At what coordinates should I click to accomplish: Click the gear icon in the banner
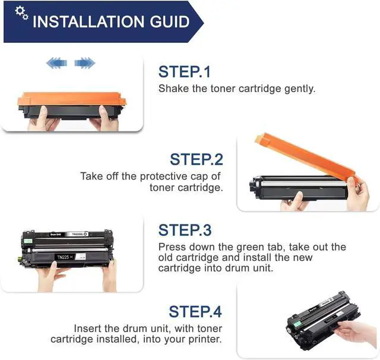[x=21, y=13]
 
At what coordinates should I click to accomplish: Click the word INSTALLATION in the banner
[x=88, y=21]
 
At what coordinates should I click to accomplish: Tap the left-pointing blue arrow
[x=56, y=63]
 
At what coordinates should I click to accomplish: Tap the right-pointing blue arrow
[x=85, y=63]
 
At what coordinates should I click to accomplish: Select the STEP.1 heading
[x=185, y=72]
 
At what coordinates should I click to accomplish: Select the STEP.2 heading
[x=197, y=160]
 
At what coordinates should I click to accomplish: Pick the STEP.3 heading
[x=185, y=230]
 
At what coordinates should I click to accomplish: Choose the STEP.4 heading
[x=195, y=311]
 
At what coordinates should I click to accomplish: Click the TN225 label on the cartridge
[x=64, y=257]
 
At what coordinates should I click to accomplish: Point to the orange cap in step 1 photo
[x=72, y=99]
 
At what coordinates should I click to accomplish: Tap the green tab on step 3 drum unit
[x=28, y=241]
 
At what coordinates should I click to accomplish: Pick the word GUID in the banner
[x=170, y=21]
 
